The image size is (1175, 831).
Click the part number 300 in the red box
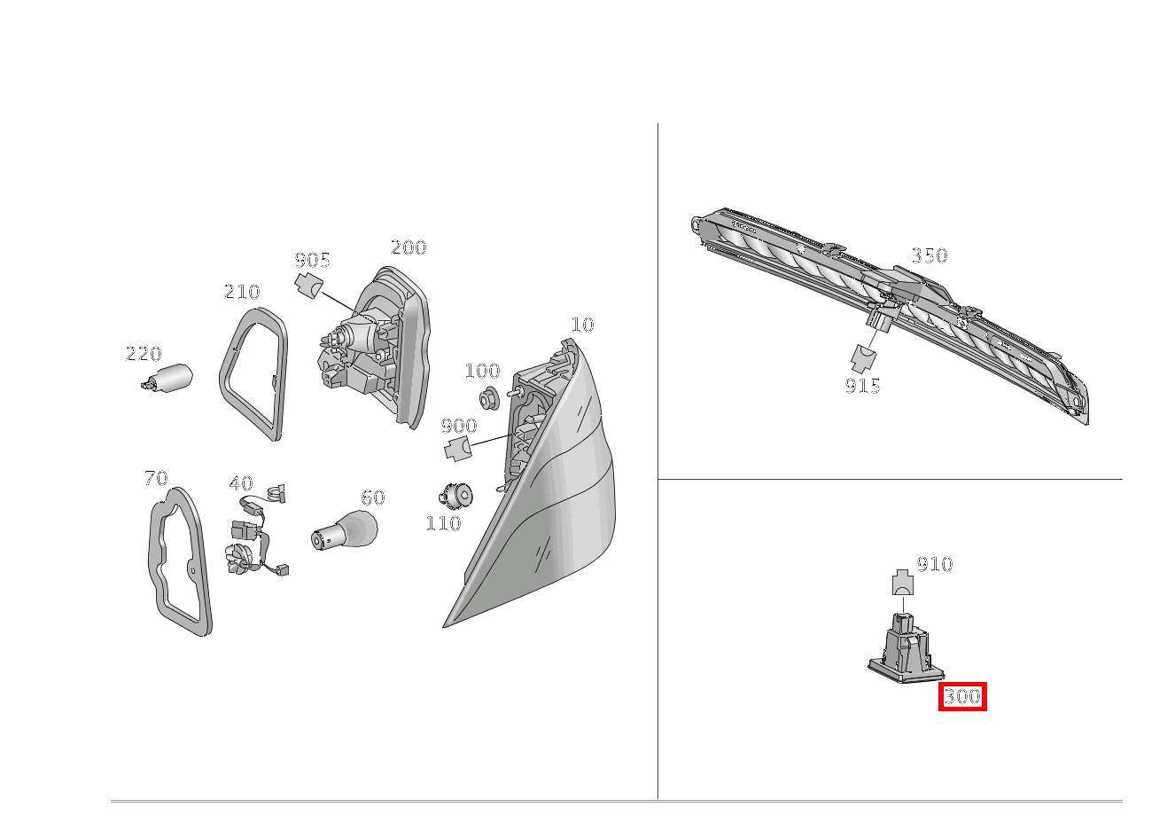962,696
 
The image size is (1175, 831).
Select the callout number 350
930,255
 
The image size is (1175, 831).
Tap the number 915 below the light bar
862,387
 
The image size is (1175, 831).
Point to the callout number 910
935,564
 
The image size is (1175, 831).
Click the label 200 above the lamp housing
409,247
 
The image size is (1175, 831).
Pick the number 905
313,260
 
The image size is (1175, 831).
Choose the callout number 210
242,292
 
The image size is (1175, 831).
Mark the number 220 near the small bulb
144,353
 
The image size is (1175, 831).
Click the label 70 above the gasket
156,478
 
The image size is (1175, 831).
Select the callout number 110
444,523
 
